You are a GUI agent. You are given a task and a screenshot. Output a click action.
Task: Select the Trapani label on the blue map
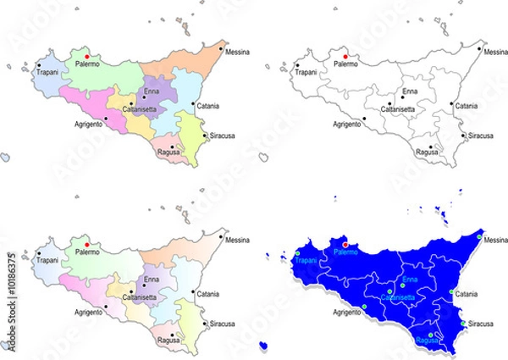(x=305, y=261)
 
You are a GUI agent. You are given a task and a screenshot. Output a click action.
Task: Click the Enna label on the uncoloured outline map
(x=409, y=91)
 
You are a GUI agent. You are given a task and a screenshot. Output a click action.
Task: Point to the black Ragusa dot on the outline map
(x=430, y=147)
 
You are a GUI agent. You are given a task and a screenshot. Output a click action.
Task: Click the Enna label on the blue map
(x=410, y=279)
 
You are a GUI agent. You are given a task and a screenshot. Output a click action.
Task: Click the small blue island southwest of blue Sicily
(x=264, y=346)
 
